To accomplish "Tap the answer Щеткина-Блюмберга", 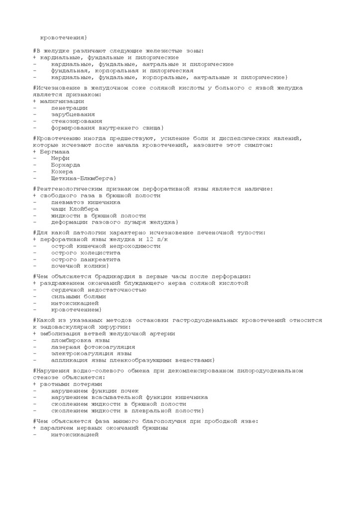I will coord(83,178).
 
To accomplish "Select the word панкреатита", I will coord(100,259).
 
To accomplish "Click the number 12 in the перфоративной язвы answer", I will coord(150,240).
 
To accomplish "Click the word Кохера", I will coord(62,172).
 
